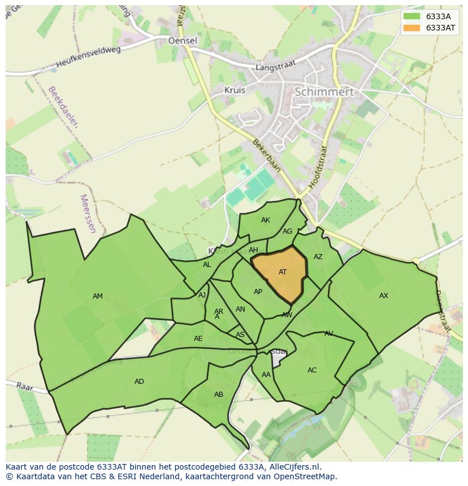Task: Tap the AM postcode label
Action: pyautogui.click(x=98, y=296)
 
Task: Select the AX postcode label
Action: pyautogui.click(x=384, y=296)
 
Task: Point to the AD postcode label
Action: pyautogui.click(x=139, y=382)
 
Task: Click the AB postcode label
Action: pyautogui.click(x=219, y=395)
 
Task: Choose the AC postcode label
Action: pyautogui.click(x=312, y=370)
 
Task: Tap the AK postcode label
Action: pyautogui.click(x=266, y=220)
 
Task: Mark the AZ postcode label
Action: pyautogui.click(x=318, y=257)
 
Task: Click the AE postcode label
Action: pyautogui.click(x=198, y=339)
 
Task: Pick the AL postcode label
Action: pyautogui.click(x=207, y=265)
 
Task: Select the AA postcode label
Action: pyautogui.click(x=266, y=375)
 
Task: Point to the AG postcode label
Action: pyautogui.click(x=287, y=231)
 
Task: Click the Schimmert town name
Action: pyautogui.click(x=324, y=91)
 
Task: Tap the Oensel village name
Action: pyautogui.click(x=183, y=41)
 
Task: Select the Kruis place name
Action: pyautogui.click(x=235, y=90)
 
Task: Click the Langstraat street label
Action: pyautogui.click(x=276, y=67)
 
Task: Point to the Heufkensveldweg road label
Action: pyautogui.click(x=89, y=58)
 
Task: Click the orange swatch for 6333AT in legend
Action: pyautogui.click(x=411, y=28)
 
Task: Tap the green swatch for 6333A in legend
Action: pyautogui.click(x=411, y=16)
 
